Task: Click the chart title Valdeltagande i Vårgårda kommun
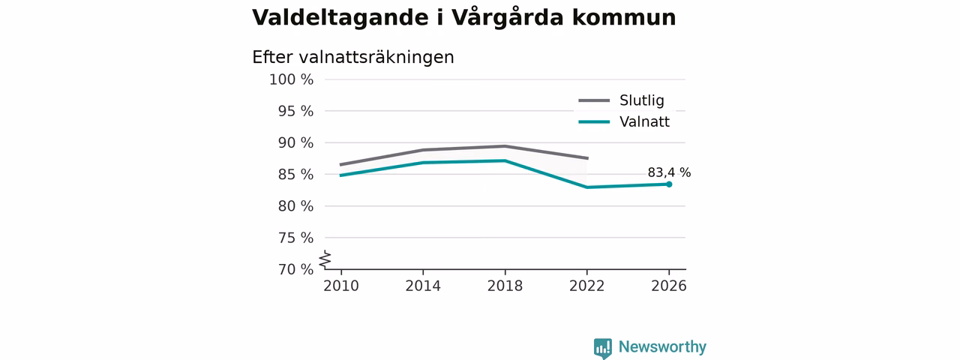pyautogui.click(x=463, y=18)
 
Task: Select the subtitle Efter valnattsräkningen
pyautogui.click(x=353, y=58)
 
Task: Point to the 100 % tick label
pyautogui.click(x=292, y=79)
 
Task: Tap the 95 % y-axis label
pyautogui.click(x=295, y=112)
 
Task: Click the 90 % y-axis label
pyautogui.click(x=295, y=143)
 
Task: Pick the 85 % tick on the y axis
pyautogui.click(x=295, y=175)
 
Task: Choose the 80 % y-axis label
pyautogui.click(x=295, y=206)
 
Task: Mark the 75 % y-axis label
pyautogui.click(x=295, y=238)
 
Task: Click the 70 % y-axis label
pyautogui.click(x=295, y=269)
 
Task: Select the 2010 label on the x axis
pyautogui.click(x=341, y=286)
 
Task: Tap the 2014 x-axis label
pyautogui.click(x=423, y=286)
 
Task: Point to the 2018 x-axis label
pyautogui.click(x=505, y=286)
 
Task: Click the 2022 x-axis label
pyautogui.click(x=586, y=286)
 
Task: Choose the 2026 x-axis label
pyautogui.click(x=668, y=286)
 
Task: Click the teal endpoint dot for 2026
pyautogui.click(x=669, y=184)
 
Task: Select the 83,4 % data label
pyautogui.click(x=669, y=172)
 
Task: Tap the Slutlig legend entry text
pyautogui.click(x=641, y=100)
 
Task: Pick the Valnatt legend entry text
pyautogui.click(x=644, y=122)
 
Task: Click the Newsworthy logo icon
pyautogui.click(x=602, y=348)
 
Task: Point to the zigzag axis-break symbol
pyautogui.click(x=325, y=259)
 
